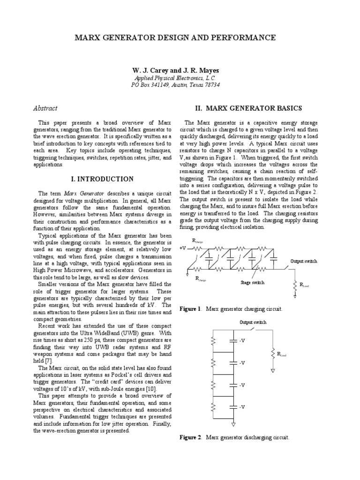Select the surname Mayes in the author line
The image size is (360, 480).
click(x=209, y=70)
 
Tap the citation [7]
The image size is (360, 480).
click(x=49, y=360)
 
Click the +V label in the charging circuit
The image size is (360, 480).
click(x=183, y=248)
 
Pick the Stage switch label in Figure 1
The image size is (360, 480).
click(x=252, y=282)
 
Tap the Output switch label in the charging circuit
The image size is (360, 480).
click(x=303, y=261)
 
